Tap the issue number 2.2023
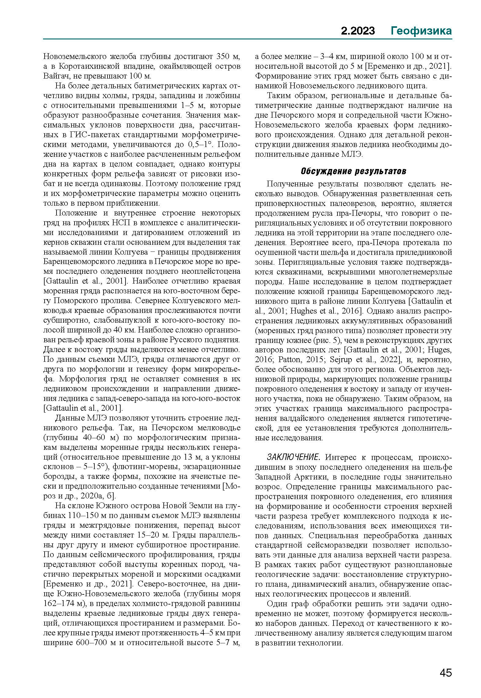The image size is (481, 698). tap(358, 31)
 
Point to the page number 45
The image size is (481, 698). tap(446, 673)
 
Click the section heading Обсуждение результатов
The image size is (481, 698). tap(353, 171)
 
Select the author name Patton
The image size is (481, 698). tap(289, 360)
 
